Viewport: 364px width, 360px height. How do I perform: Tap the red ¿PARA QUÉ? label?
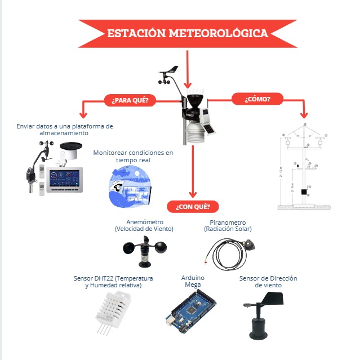130,100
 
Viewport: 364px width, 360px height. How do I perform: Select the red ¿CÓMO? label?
257,99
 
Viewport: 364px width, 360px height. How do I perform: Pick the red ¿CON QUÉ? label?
193,206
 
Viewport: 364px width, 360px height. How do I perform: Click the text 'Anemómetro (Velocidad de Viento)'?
144,225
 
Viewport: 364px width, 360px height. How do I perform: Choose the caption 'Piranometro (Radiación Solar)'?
227,225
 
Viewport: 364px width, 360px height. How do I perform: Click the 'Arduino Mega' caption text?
193,281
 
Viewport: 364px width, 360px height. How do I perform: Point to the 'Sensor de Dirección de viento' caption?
268,282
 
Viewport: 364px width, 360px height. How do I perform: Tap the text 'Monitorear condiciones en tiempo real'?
133,156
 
